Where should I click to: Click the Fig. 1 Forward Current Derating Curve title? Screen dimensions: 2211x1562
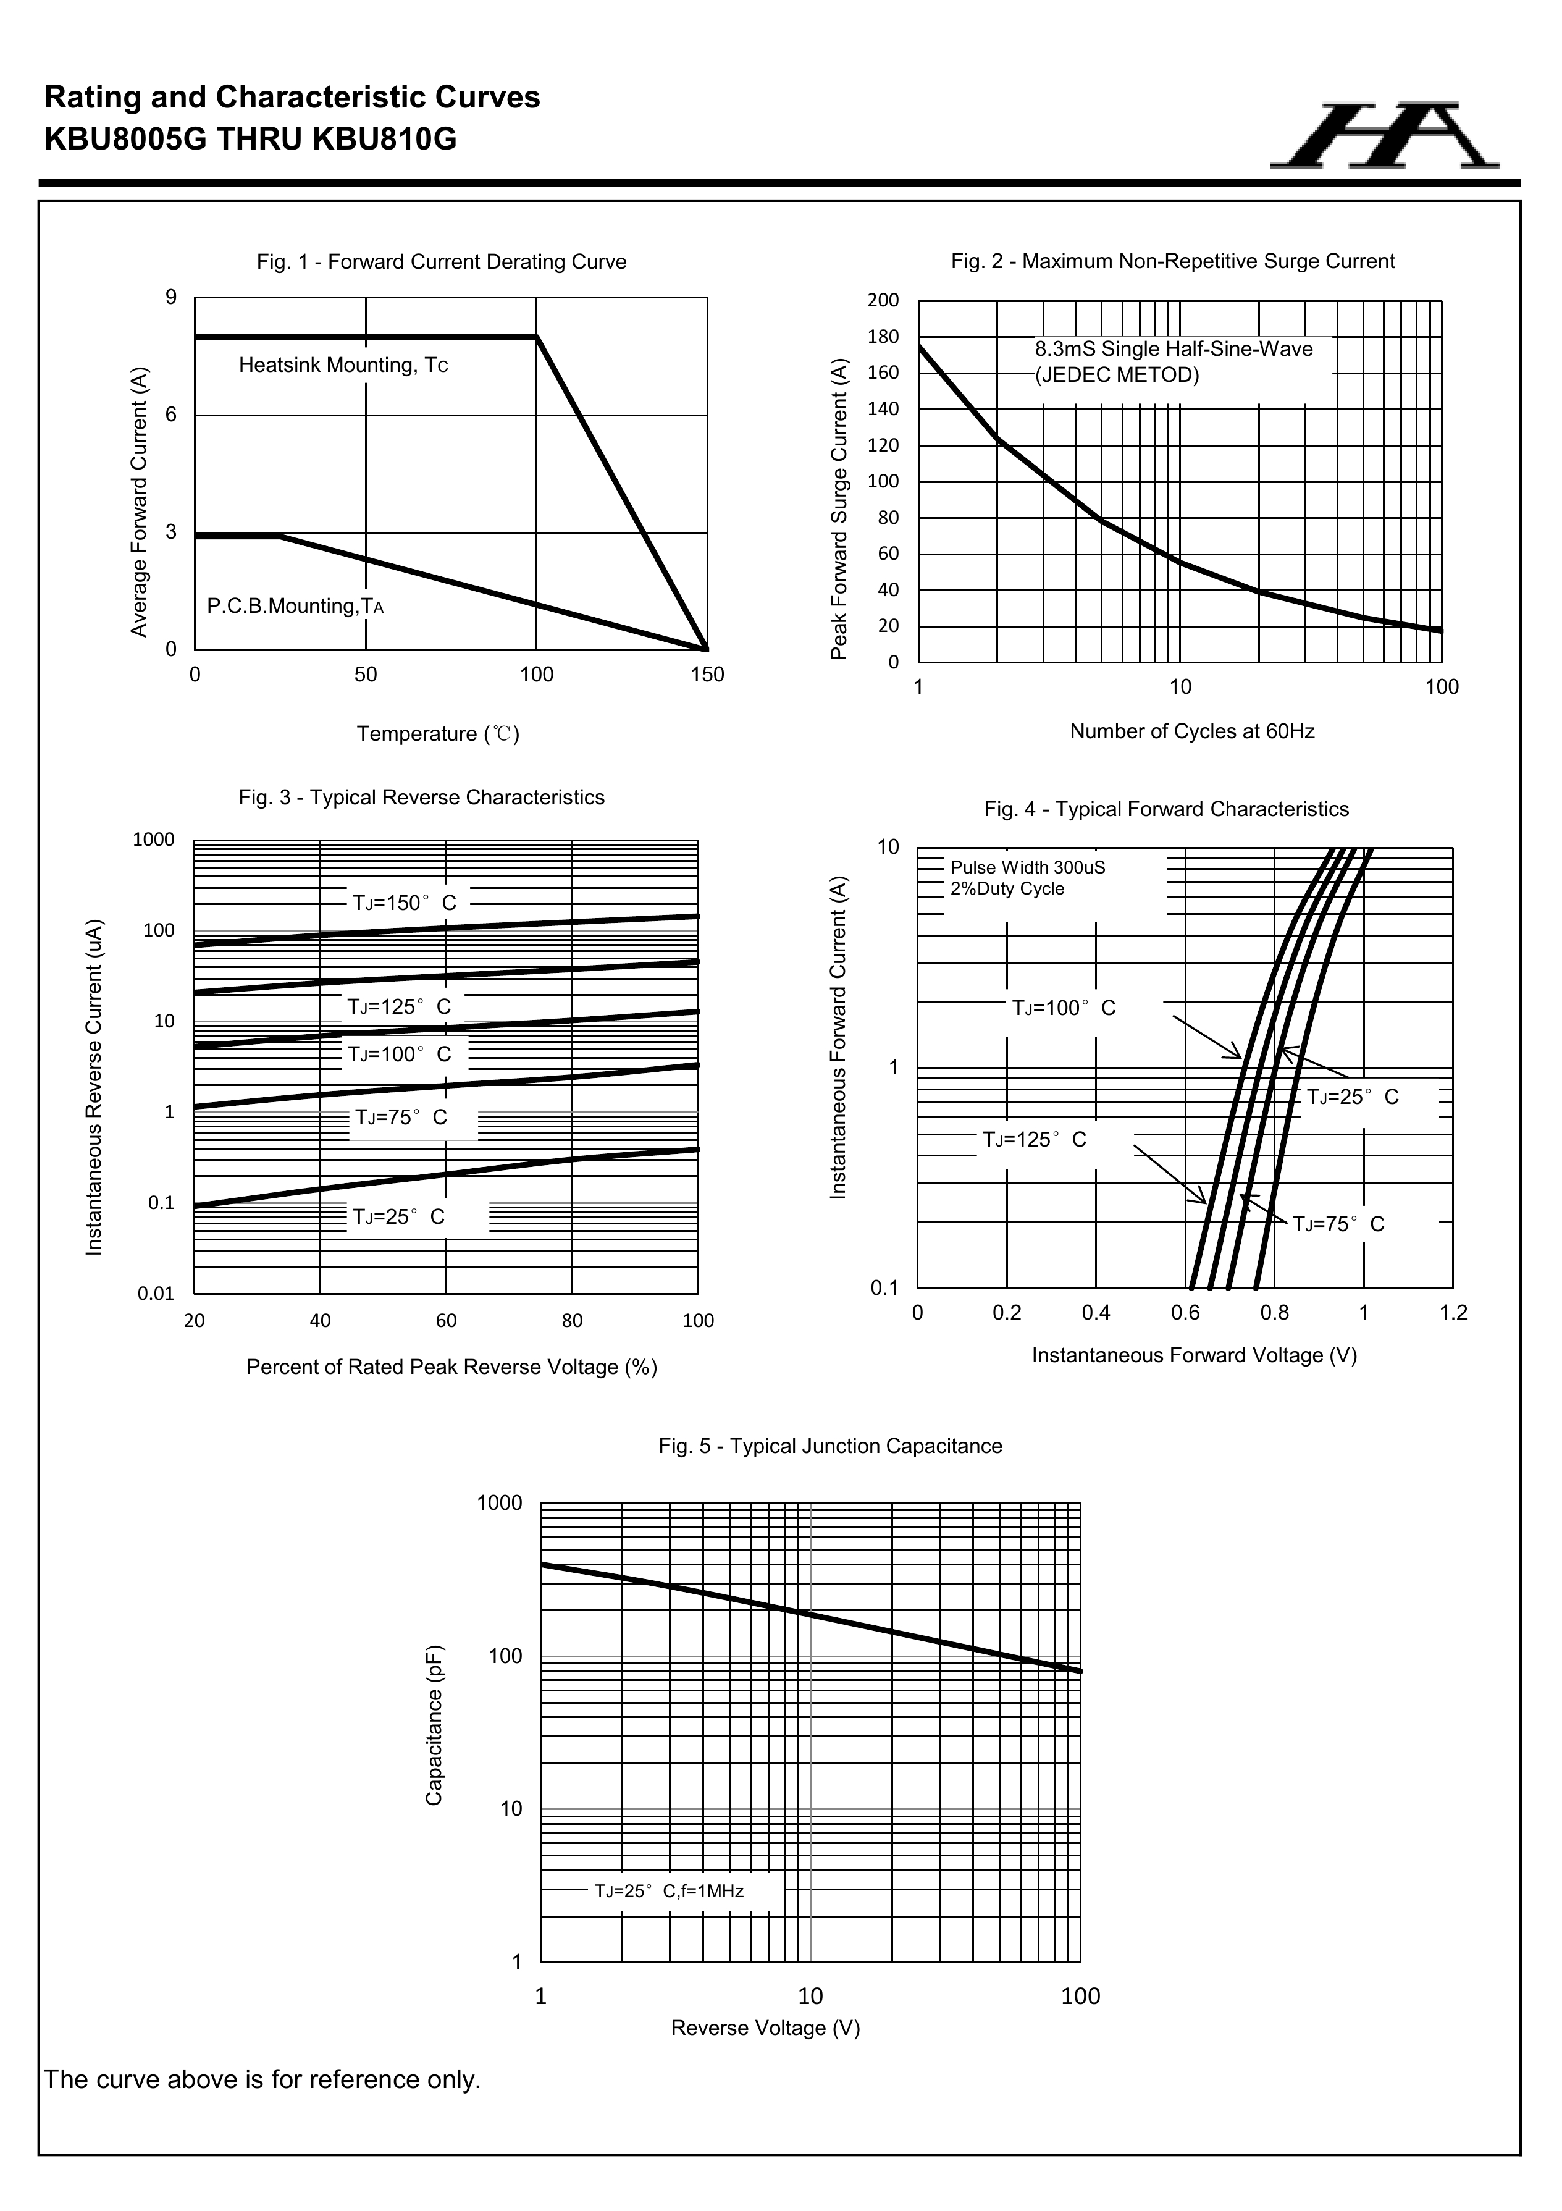[x=441, y=262]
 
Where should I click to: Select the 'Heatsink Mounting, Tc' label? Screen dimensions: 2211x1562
[x=343, y=366]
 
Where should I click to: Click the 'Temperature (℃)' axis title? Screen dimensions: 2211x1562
[x=438, y=735]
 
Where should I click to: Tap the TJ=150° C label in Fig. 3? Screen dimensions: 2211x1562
[x=405, y=903]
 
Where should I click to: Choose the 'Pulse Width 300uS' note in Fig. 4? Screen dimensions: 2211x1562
[x=1028, y=867]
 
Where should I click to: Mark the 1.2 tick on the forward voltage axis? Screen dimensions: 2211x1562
[x=1452, y=1313]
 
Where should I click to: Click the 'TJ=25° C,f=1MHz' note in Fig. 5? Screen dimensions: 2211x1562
[x=668, y=1891]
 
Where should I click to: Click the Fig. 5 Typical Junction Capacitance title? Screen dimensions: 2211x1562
[x=830, y=1446]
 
